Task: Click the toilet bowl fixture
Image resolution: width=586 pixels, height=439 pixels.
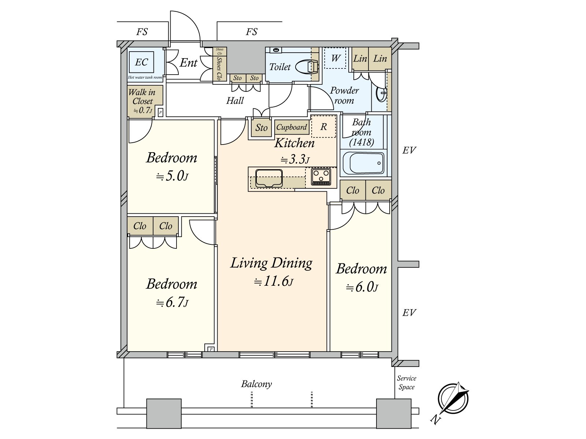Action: click(x=307, y=67)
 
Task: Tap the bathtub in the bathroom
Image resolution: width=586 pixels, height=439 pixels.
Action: click(x=363, y=163)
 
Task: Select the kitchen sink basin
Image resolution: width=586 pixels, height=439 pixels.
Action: click(x=269, y=178)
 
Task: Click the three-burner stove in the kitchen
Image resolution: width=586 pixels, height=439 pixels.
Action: click(x=321, y=176)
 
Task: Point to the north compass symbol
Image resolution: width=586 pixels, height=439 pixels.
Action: click(x=453, y=399)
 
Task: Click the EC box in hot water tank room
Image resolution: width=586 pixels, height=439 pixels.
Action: click(x=141, y=62)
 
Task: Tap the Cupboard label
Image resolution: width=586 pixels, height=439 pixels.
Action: click(x=292, y=127)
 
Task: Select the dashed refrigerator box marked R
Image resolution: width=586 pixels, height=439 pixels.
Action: click(x=323, y=126)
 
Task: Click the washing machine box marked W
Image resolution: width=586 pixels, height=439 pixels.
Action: click(x=335, y=58)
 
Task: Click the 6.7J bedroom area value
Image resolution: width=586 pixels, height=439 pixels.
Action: click(x=172, y=303)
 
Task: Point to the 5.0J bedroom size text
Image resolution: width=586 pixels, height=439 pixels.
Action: click(x=172, y=176)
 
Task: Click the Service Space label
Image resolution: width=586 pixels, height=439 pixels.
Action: click(x=406, y=383)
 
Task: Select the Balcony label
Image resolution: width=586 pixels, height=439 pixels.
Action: click(x=256, y=384)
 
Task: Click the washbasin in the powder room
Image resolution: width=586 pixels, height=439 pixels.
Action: click(x=381, y=93)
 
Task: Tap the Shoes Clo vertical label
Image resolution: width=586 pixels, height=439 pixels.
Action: click(x=219, y=68)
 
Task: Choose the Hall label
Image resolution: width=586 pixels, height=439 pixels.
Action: click(x=235, y=101)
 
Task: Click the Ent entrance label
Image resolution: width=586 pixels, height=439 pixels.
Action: click(x=189, y=63)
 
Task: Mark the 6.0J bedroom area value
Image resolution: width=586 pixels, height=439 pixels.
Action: click(x=362, y=287)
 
